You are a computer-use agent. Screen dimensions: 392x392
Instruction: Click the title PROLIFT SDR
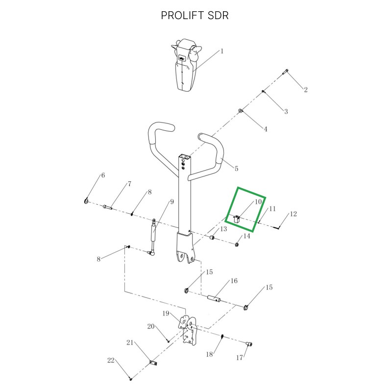coord(195,16)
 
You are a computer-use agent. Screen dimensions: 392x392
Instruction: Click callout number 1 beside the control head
coord(222,51)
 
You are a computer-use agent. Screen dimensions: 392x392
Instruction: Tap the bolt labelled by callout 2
coord(286,72)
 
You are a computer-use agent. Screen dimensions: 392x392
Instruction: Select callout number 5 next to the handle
coord(236,169)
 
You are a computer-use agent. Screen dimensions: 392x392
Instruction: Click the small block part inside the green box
coord(237,219)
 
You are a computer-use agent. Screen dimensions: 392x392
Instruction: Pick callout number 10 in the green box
coord(258,202)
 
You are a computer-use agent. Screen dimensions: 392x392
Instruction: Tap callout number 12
coord(293,214)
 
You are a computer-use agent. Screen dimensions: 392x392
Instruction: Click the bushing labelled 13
coord(212,237)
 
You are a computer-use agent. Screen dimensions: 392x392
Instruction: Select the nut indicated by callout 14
coord(237,244)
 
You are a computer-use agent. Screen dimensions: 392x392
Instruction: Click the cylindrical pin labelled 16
coord(215,298)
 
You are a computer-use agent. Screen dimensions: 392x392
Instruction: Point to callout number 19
coord(166,314)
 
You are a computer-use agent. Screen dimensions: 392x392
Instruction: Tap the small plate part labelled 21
coord(153,363)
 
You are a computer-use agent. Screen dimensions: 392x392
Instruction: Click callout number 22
coord(111,361)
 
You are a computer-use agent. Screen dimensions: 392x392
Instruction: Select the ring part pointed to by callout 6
coord(86,201)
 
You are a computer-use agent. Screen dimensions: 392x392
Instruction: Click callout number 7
coord(129,184)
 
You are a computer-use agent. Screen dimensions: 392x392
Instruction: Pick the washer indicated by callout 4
coord(240,111)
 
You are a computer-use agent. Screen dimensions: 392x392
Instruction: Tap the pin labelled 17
coord(249,344)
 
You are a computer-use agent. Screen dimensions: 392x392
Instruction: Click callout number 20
coord(151,326)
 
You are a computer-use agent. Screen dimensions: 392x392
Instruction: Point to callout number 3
coord(286,112)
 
